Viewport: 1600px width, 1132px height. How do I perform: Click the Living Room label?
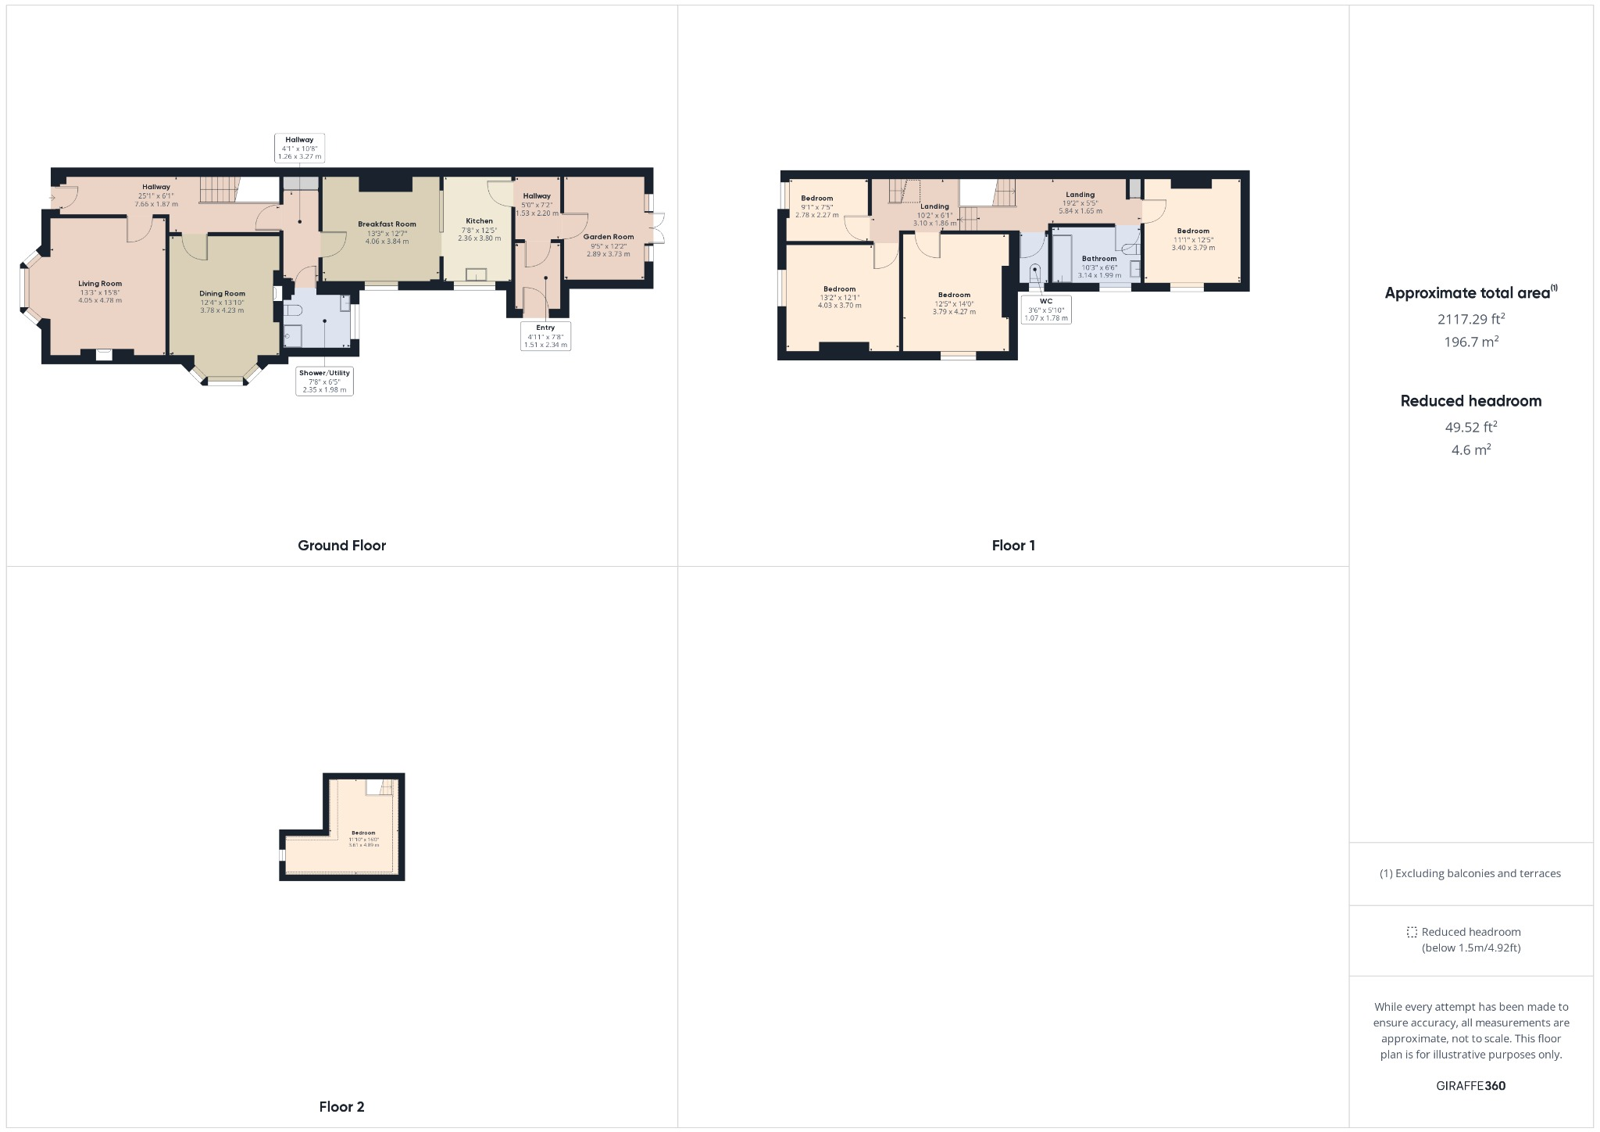pos(100,285)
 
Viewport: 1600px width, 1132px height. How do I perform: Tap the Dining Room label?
pos(222,294)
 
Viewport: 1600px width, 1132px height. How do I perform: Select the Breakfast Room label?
pos(387,224)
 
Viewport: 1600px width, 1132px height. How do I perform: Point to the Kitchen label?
pos(479,221)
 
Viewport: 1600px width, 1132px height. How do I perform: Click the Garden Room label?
pos(608,237)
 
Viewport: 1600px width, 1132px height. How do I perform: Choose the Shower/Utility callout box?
pos(324,381)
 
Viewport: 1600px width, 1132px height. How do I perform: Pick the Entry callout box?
pos(545,336)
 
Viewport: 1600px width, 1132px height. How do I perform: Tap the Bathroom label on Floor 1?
pos(1099,259)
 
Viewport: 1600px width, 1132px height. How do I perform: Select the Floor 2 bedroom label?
pos(363,833)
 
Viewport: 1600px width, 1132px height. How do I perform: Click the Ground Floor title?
pos(341,546)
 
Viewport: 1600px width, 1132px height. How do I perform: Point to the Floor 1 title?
pos(1013,546)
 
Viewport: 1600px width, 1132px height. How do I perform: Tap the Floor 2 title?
pos(341,1107)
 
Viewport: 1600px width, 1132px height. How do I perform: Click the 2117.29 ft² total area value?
pos(1471,319)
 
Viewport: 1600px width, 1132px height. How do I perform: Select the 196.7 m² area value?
pos(1471,342)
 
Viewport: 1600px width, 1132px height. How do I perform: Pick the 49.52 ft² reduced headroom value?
pos(1471,427)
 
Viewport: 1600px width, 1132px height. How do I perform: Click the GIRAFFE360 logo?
pos(1471,1086)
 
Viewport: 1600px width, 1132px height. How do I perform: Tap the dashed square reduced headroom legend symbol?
pos(1412,932)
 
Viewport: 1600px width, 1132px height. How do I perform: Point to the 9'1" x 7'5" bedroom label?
pos(817,199)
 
